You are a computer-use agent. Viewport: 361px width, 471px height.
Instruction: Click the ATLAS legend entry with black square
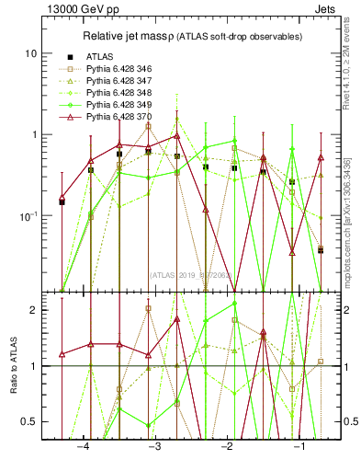[100, 57]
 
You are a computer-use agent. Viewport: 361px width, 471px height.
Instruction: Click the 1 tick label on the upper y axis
[34, 134]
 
